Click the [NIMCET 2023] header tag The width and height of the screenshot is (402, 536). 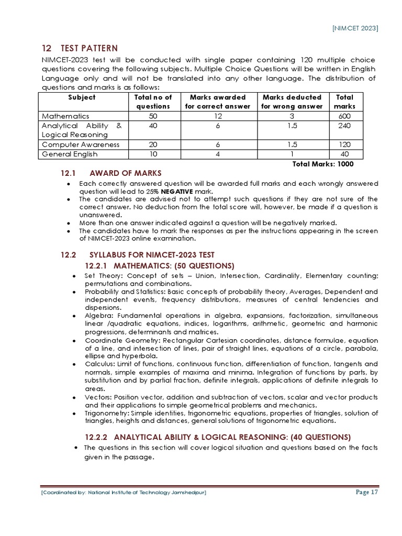(355, 28)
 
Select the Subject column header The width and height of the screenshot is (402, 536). (82, 97)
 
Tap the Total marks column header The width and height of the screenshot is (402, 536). (344, 102)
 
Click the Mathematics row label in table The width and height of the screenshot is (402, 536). (65, 116)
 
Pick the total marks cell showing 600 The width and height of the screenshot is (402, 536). (344, 116)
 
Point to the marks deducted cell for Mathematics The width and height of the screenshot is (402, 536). (292, 116)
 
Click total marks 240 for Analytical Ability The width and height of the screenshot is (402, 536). (344, 126)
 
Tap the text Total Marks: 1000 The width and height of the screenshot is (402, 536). (322, 164)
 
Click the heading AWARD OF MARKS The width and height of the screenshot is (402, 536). (126, 173)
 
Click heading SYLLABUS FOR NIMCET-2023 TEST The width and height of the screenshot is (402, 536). (152, 255)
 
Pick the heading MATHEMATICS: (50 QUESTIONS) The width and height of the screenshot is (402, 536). (159, 265)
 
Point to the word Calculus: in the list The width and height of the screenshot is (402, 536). (99, 364)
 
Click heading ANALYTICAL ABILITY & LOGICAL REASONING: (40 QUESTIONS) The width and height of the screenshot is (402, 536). (218, 437)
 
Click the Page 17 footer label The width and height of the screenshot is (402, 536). (366, 492)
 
